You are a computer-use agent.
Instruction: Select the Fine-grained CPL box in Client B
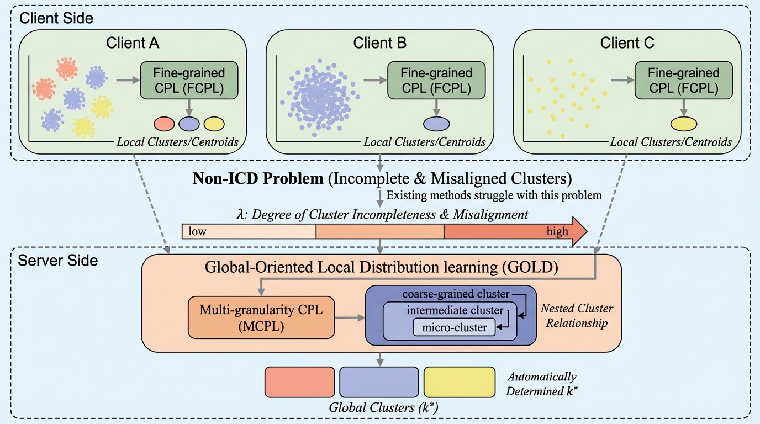point(436,80)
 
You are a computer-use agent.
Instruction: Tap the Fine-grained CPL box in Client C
point(684,80)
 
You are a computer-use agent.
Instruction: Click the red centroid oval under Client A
point(165,123)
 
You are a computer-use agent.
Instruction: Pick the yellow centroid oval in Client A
point(214,123)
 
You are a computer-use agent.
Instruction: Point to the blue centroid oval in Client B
point(436,123)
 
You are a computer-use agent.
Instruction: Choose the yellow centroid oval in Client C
point(684,123)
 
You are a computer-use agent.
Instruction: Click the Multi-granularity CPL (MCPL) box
point(262,318)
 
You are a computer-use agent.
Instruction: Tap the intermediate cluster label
point(455,310)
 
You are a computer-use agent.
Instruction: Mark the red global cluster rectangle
point(300,382)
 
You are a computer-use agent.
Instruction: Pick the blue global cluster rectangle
point(379,382)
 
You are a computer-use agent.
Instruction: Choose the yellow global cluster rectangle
point(459,382)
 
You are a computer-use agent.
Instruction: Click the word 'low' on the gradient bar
point(197,231)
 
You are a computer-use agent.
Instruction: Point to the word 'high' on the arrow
point(557,231)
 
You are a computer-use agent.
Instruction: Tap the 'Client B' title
point(381,43)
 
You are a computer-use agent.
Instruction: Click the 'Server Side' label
point(58,261)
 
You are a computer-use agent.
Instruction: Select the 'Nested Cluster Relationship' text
point(577,315)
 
